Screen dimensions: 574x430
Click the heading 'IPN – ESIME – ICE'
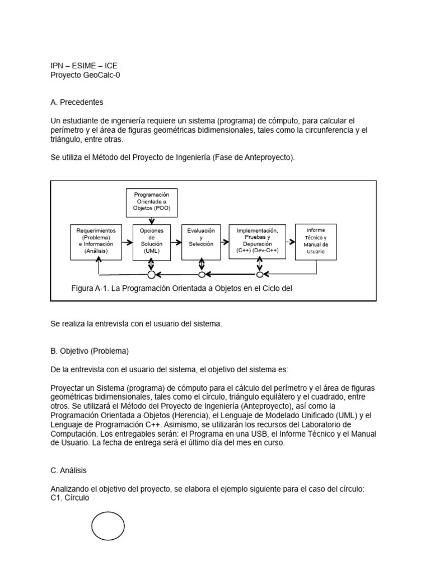click(x=84, y=66)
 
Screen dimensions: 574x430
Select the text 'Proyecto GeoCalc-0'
click(x=85, y=75)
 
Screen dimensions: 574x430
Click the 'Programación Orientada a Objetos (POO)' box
click(x=152, y=203)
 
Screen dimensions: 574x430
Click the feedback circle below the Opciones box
click(x=151, y=275)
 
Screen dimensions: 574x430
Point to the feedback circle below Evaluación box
click(x=202, y=275)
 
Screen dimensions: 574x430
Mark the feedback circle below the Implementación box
click(x=259, y=275)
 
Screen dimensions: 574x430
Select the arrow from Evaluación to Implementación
click(x=225, y=242)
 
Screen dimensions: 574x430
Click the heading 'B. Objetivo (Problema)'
click(x=90, y=351)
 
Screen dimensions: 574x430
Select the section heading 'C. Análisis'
click(x=68, y=470)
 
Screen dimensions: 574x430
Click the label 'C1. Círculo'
click(x=69, y=498)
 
